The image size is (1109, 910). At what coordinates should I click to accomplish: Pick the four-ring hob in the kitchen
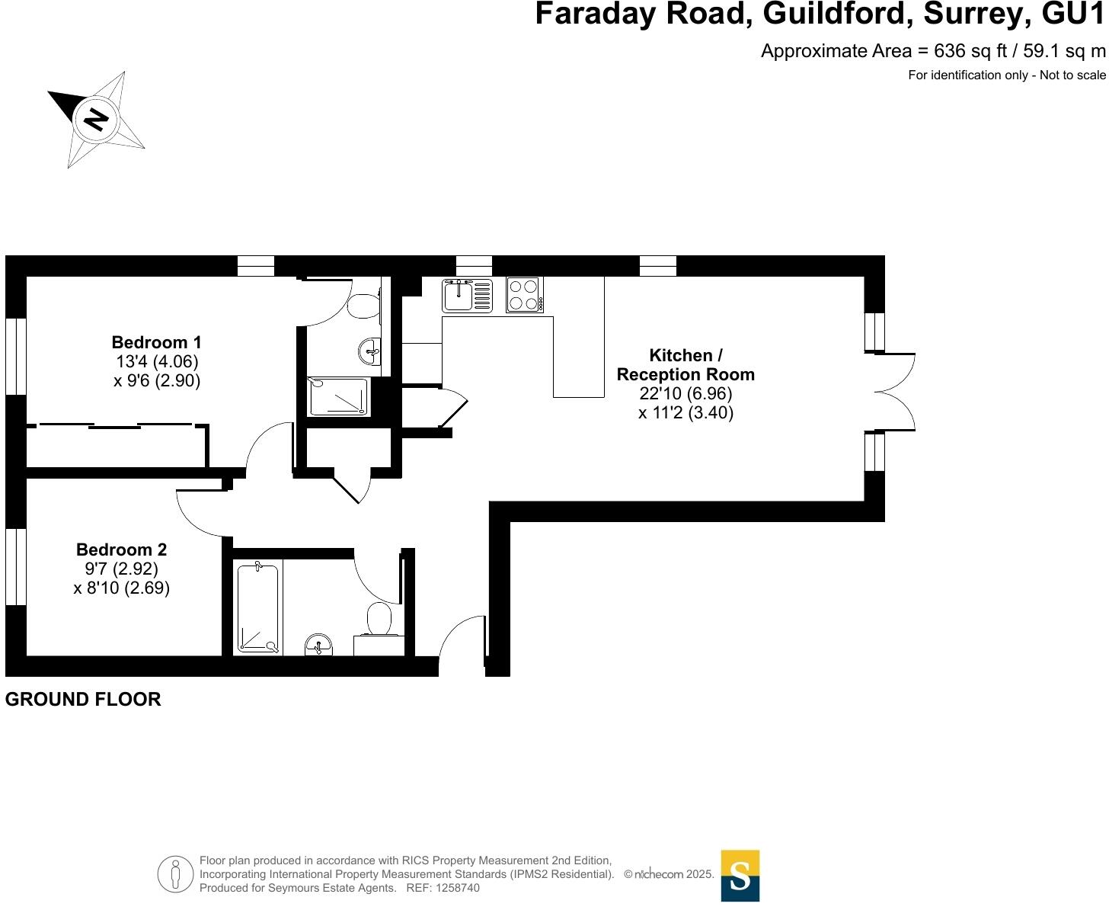[x=524, y=295]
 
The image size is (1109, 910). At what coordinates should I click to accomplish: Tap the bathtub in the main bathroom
[x=258, y=607]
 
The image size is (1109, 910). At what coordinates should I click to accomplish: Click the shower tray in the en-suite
[x=338, y=396]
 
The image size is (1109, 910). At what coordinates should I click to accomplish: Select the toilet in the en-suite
[x=364, y=305]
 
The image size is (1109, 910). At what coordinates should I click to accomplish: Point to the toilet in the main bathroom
[x=379, y=620]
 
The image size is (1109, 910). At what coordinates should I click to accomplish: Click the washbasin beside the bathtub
[x=318, y=646]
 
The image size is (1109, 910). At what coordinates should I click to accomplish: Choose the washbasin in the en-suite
[x=370, y=351]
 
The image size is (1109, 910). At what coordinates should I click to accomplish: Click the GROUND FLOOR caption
[x=83, y=700]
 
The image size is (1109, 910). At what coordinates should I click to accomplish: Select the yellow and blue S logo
[x=740, y=876]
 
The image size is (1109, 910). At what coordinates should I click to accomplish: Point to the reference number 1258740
[x=455, y=888]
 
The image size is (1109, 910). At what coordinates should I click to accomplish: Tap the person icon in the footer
[x=176, y=874]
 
